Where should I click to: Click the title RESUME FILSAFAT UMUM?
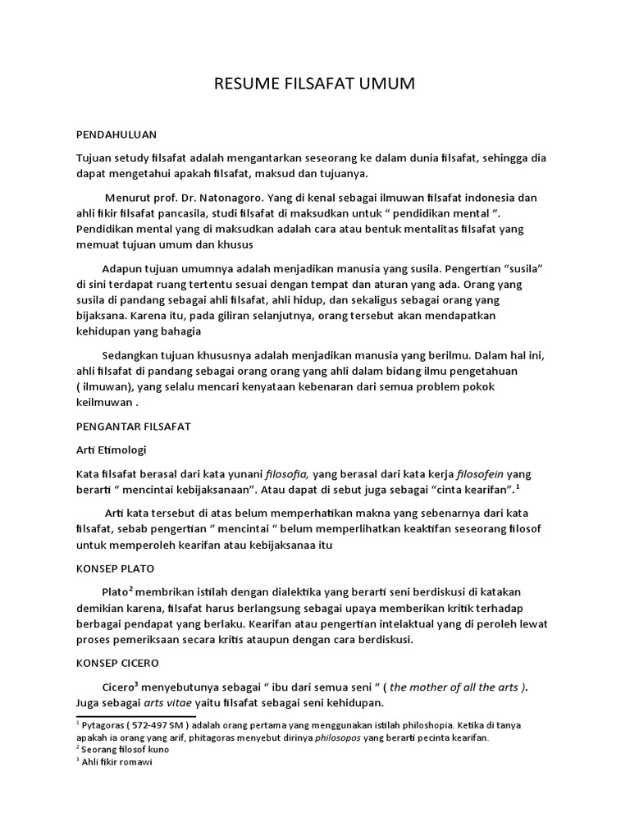(x=314, y=84)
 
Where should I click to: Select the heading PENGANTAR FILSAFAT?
(x=133, y=427)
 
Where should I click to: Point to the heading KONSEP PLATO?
(x=115, y=568)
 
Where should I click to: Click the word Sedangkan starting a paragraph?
(x=133, y=355)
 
